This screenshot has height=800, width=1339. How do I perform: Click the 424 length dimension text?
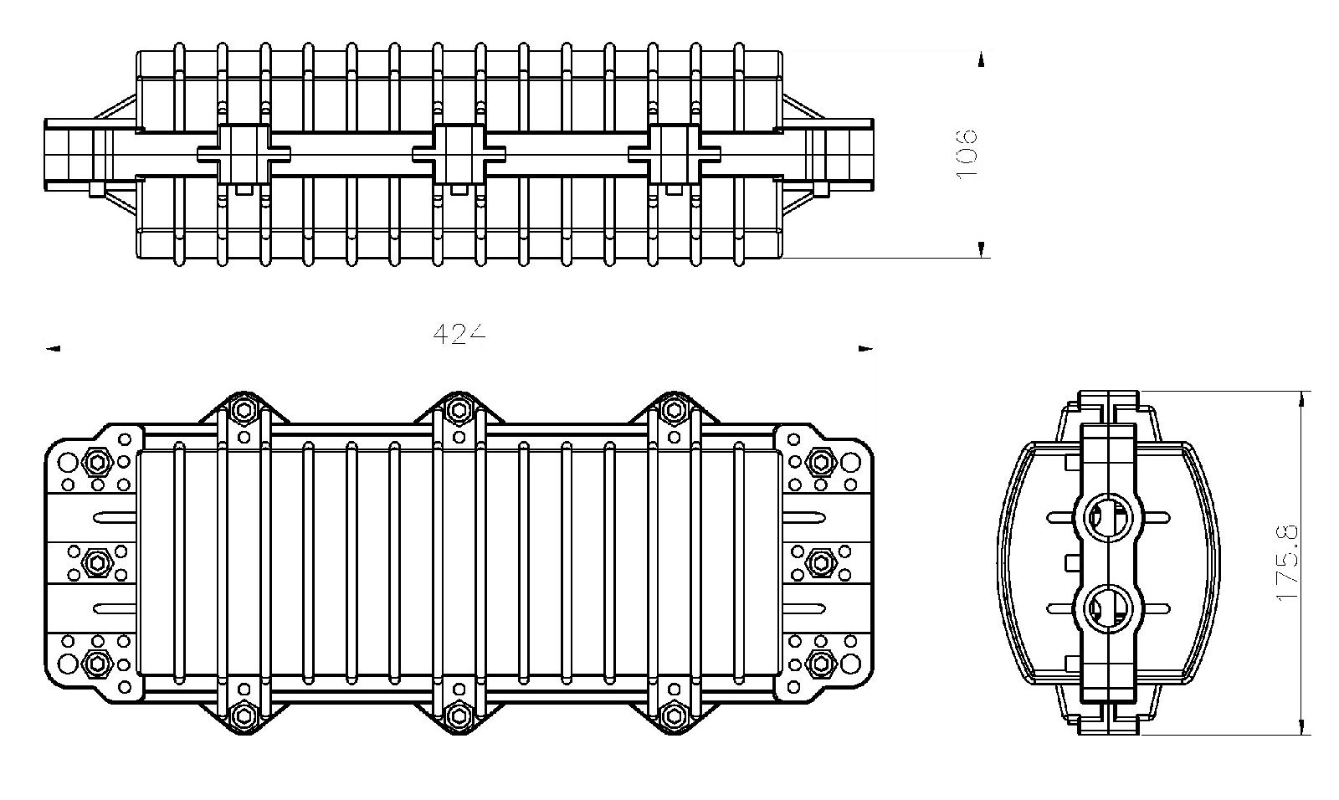(x=459, y=334)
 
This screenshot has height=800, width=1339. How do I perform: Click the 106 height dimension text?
(x=966, y=154)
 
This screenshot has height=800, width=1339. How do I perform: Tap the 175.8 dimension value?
(x=1287, y=563)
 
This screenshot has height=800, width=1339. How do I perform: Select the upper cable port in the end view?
(x=1109, y=517)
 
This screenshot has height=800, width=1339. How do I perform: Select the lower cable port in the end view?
(x=1109, y=608)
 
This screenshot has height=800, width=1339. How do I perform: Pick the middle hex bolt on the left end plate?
(x=97, y=562)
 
